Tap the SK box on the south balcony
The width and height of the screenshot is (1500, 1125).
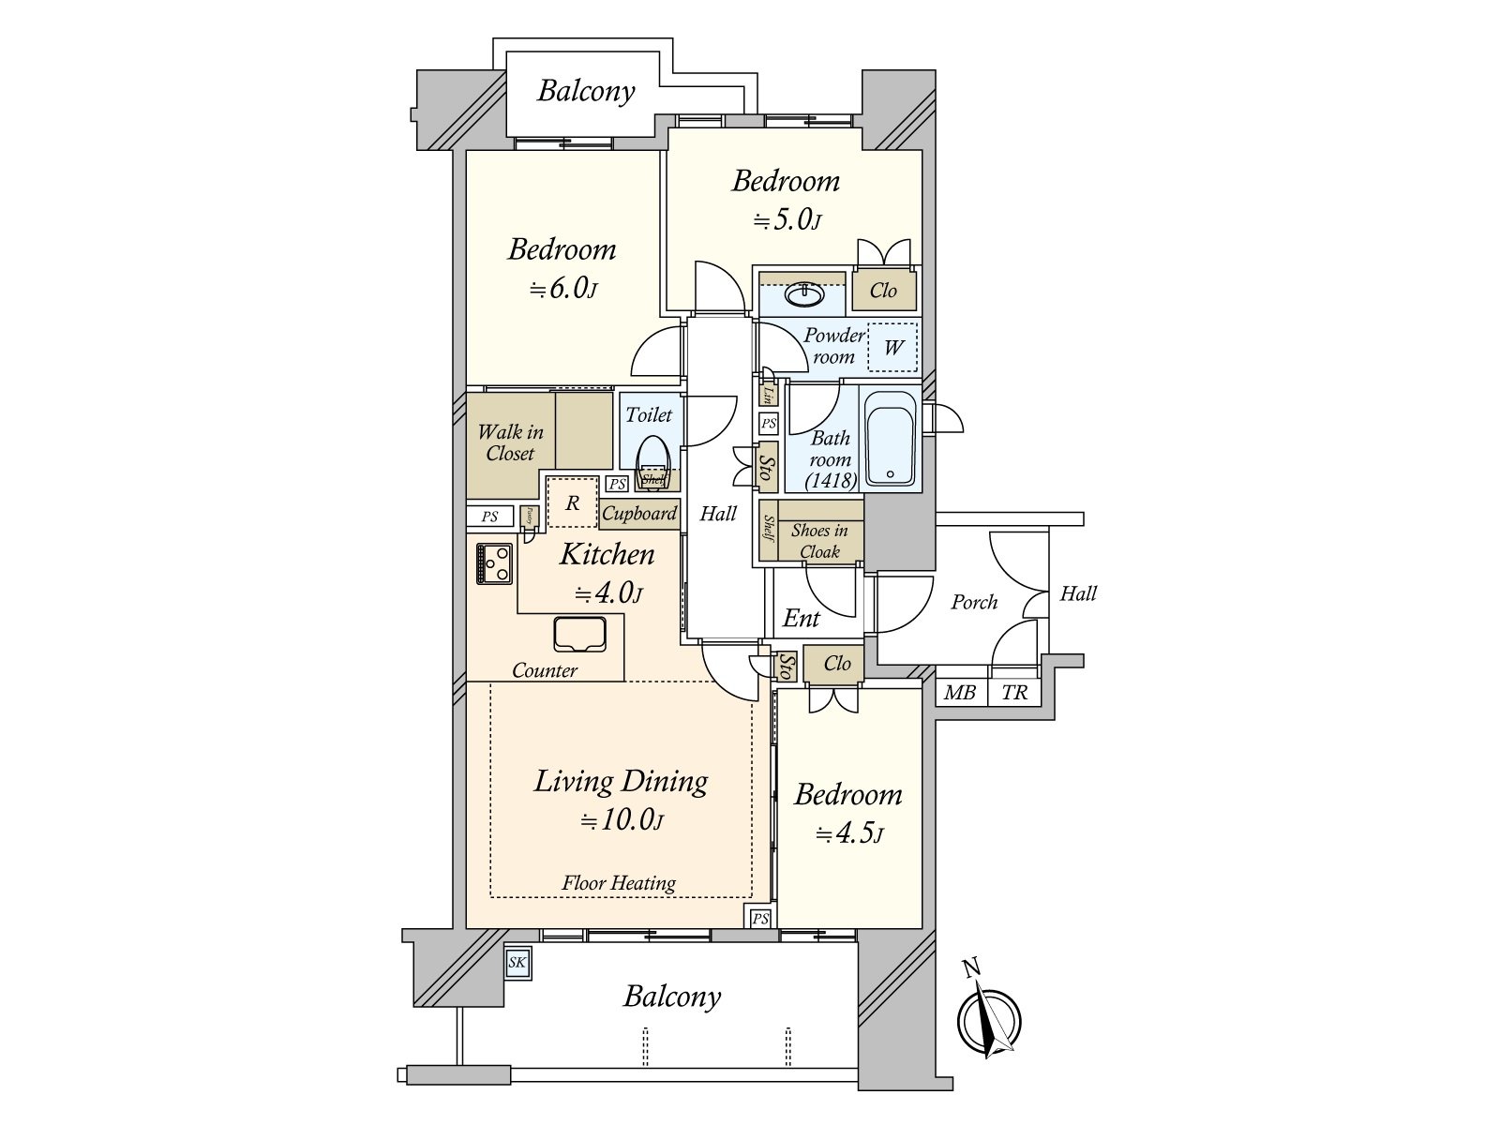click(x=517, y=963)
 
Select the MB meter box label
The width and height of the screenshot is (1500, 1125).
click(x=960, y=693)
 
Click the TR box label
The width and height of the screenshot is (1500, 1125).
click(x=1014, y=693)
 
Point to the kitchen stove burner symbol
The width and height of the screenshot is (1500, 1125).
click(x=494, y=563)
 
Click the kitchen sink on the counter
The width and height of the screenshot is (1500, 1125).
click(x=579, y=635)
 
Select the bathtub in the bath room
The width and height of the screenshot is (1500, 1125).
click(x=890, y=439)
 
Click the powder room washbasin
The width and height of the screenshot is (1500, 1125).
click(x=803, y=295)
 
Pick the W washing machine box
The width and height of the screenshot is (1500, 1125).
click(x=892, y=348)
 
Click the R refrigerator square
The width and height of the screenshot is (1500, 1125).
click(x=572, y=503)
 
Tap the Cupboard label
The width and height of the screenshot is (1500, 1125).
click(x=639, y=514)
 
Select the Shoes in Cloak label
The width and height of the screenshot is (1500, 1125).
click(x=818, y=541)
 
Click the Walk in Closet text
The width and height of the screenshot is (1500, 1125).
click(x=510, y=442)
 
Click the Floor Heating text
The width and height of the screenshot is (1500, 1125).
click(x=619, y=883)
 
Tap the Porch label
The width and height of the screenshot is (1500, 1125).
click(x=974, y=603)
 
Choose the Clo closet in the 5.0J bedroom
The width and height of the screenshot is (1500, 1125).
click(x=883, y=291)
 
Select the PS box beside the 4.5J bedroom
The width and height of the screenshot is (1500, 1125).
click(x=760, y=918)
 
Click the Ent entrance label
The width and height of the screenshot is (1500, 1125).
click(x=801, y=619)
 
